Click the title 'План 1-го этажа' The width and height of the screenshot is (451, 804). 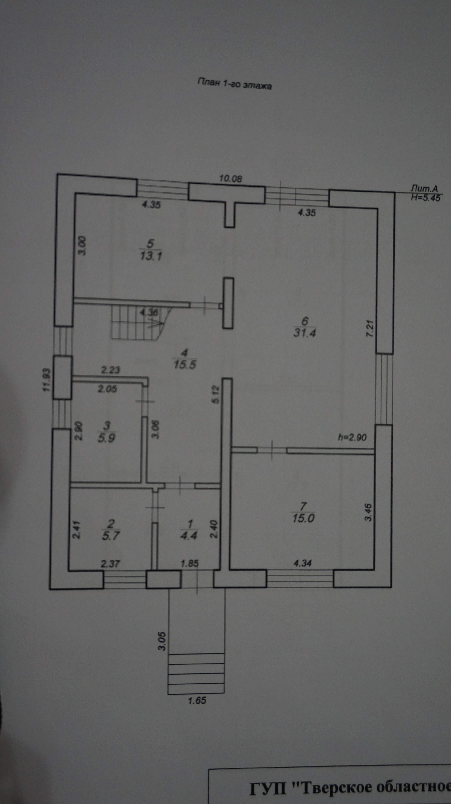(234, 84)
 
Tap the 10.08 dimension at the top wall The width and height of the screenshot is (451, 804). (231, 179)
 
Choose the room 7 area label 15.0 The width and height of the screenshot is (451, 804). (303, 518)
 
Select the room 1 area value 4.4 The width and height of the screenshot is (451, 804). (189, 536)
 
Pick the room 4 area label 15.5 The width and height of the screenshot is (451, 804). (185, 364)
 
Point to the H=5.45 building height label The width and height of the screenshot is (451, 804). (426, 198)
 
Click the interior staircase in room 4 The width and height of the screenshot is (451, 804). (137, 323)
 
